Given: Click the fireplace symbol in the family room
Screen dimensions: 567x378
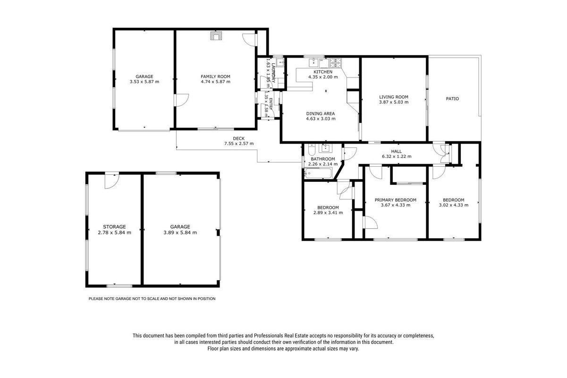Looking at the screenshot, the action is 216,36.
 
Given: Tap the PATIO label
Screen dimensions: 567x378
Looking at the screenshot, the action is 452,99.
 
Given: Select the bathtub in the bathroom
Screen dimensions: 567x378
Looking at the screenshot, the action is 318,173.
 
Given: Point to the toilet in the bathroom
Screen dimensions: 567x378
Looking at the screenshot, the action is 311,150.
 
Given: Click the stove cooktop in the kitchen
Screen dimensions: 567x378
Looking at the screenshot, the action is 335,63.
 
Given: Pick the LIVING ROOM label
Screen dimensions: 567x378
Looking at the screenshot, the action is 394,97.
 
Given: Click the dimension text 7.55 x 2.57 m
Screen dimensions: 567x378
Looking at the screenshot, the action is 239,144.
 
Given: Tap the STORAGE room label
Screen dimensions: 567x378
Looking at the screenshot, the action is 114,227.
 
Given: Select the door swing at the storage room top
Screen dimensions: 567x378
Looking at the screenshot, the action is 111,181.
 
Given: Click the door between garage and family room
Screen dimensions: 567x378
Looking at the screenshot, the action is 181,100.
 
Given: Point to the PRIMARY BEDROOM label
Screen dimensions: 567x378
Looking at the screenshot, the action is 395,200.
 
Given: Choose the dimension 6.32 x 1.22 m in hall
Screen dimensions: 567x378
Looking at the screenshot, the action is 397,156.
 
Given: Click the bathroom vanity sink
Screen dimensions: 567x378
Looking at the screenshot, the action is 325,148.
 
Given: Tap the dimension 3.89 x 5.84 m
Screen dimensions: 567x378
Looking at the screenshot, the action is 180,232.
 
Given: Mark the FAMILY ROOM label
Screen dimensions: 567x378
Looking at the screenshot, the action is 215,77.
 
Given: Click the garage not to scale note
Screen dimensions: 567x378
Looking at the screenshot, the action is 152,299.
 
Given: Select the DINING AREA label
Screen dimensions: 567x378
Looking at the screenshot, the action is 321,113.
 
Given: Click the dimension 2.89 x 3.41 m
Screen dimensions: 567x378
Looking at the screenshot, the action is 328,213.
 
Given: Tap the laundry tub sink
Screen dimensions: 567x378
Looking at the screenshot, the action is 280,62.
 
